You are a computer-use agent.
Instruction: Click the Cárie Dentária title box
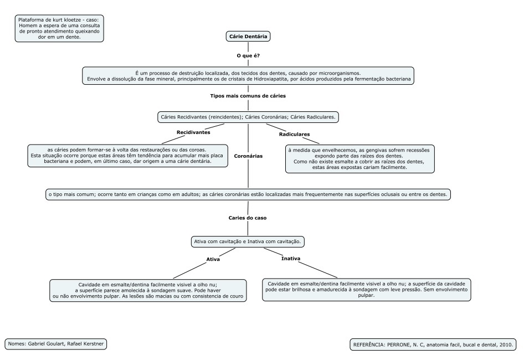click(x=248, y=37)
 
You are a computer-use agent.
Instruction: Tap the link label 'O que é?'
click(x=248, y=55)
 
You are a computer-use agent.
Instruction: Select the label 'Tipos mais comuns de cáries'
click(x=248, y=96)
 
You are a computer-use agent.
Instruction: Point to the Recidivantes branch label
click(x=193, y=132)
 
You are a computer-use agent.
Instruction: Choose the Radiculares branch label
click(x=295, y=134)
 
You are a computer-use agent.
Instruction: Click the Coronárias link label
click(x=248, y=156)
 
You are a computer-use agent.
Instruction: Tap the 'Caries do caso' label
click(x=248, y=218)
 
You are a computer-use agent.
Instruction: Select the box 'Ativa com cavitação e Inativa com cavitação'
click(x=248, y=241)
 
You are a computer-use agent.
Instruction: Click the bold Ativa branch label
click(x=213, y=259)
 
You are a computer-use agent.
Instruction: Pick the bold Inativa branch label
click(x=291, y=259)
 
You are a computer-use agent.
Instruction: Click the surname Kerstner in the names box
click(x=93, y=343)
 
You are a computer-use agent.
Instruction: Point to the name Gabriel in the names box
click(x=37, y=343)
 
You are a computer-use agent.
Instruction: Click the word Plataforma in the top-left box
click(x=30, y=20)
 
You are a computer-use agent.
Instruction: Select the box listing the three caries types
click(x=248, y=117)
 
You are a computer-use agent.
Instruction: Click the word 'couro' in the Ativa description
click(x=237, y=296)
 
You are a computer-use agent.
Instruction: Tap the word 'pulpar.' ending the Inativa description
click(x=367, y=295)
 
